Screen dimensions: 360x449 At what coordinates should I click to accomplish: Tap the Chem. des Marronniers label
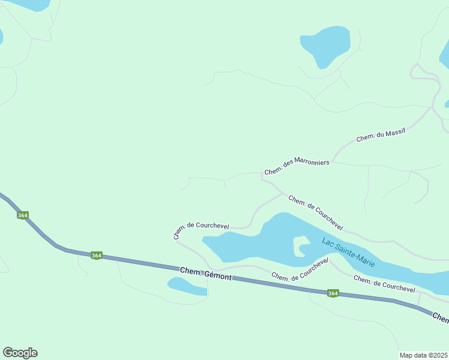[297, 167]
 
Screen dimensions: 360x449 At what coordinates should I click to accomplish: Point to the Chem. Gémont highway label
[206, 273]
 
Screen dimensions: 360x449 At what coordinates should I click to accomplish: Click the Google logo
[20, 353]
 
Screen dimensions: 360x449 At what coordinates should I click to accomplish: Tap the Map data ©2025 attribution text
[423, 355]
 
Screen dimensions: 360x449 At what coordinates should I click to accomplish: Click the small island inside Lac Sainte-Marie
[300, 246]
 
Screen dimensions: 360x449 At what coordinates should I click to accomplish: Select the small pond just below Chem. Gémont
[187, 286]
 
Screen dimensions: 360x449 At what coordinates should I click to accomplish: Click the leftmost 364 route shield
[23, 215]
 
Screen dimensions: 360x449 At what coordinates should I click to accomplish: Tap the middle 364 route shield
[97, 256]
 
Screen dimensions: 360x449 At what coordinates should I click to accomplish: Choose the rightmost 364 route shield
[333, 293]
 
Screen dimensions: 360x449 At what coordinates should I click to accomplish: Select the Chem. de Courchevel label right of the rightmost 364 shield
[384, 284]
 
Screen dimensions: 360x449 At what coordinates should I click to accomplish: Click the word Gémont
[218, 275]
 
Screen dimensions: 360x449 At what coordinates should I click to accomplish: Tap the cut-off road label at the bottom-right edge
[441, 318]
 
